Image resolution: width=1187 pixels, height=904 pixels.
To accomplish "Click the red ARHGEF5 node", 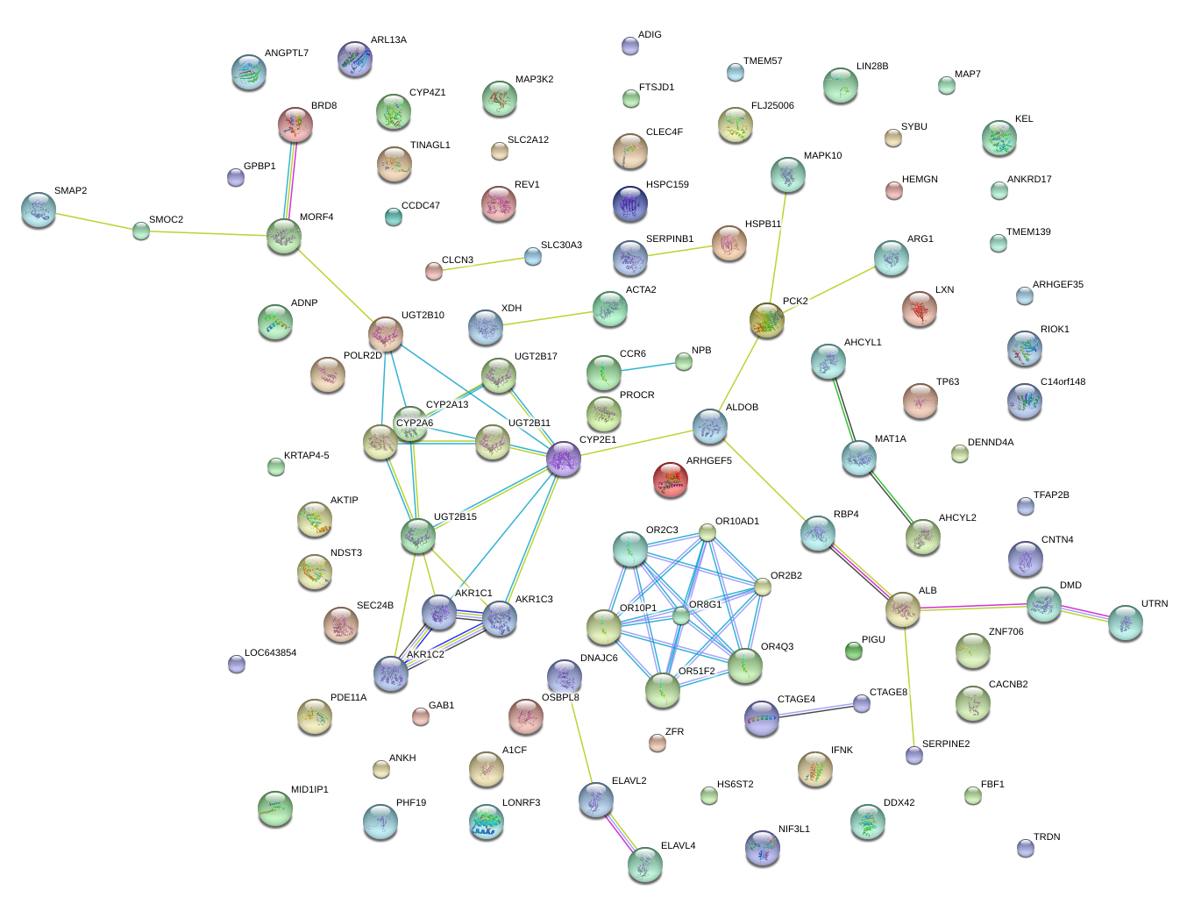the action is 671,480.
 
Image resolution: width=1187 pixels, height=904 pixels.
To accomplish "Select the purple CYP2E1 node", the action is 564,459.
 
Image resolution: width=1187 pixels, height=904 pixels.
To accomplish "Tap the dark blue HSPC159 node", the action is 630,204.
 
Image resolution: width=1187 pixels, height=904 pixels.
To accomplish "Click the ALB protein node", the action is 903,609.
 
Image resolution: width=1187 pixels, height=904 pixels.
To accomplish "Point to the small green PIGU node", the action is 854,650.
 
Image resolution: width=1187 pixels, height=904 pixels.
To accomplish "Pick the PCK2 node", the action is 767,321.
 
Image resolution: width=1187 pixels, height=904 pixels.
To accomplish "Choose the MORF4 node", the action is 284,237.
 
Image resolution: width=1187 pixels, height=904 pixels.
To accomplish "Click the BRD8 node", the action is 295,125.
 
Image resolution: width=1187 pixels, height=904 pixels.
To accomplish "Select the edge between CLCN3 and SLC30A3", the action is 483,263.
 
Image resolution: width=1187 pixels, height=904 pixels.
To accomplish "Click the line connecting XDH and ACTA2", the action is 548,318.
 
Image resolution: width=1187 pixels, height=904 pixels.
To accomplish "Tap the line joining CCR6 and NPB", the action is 652,367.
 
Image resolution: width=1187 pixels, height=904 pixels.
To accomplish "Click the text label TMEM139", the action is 1028,232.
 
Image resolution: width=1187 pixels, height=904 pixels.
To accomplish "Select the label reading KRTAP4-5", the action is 307,456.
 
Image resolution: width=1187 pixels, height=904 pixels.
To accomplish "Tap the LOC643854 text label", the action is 270,653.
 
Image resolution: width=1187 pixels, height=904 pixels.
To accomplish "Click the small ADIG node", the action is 630,46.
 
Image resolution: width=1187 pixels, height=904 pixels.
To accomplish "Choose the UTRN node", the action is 1126,623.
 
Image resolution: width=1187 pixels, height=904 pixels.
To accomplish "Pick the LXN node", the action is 920,309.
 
